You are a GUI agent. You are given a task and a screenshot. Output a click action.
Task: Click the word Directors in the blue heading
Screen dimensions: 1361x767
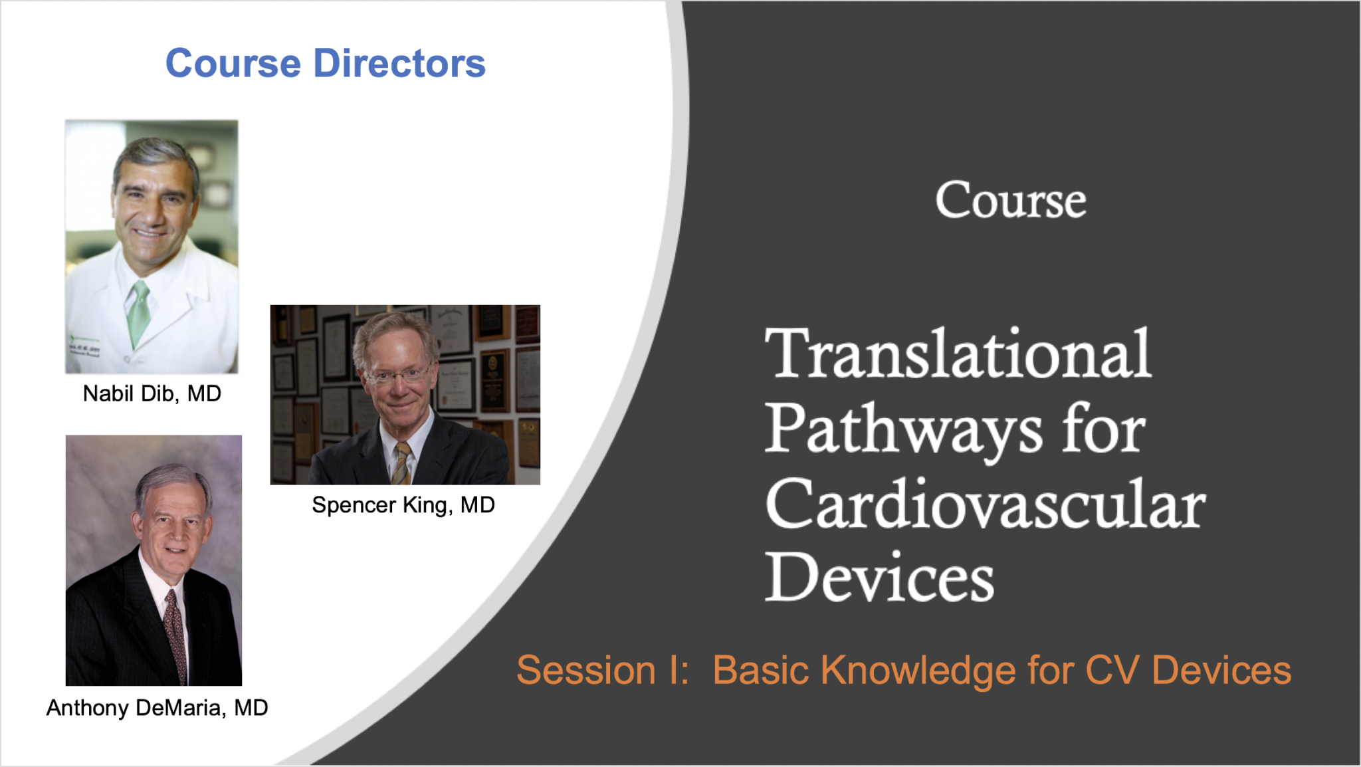click(x=399, y=63)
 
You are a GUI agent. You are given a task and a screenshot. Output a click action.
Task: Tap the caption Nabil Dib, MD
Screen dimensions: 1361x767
click(x=152, y=393)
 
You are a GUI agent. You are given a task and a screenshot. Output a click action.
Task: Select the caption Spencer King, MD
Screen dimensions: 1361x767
click(x=403, y=505)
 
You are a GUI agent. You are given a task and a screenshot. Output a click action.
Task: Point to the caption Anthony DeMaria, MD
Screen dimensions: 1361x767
click(x=157, y=708)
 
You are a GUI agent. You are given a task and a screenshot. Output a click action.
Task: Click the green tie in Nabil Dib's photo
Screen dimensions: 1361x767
click(x=139, y=312)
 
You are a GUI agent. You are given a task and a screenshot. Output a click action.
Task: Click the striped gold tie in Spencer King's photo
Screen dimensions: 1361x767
click(x=401, y=463)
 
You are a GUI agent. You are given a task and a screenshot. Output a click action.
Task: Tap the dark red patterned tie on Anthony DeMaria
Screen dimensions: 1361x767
click(x=175, y=635)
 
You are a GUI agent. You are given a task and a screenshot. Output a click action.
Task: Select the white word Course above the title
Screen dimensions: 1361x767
click(x=1011, y=200)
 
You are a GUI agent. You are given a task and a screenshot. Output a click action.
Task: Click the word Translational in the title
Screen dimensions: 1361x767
click(x=958, y=354)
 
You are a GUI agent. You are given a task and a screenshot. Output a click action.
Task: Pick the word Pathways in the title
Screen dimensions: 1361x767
click(x=904, y=430)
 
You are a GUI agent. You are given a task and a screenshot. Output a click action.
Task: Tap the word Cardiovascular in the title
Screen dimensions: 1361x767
click(x=986, y=504)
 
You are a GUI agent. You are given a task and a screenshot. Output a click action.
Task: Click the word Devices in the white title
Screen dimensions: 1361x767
click(x=880, y=576)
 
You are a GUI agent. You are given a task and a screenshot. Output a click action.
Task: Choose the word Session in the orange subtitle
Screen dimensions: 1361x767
click(x=586, y=670)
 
